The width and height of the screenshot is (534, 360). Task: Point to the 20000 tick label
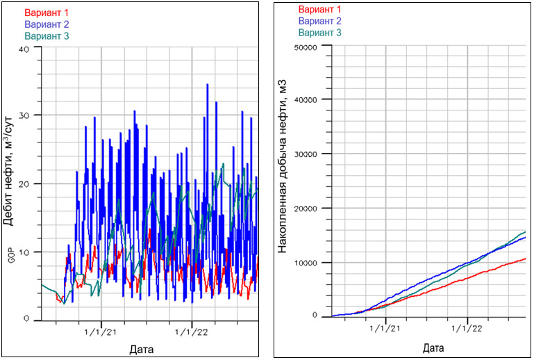coord(306,208)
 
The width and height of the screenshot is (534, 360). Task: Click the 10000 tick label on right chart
coord(306,263)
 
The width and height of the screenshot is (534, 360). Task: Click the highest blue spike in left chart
coord(207,85)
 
